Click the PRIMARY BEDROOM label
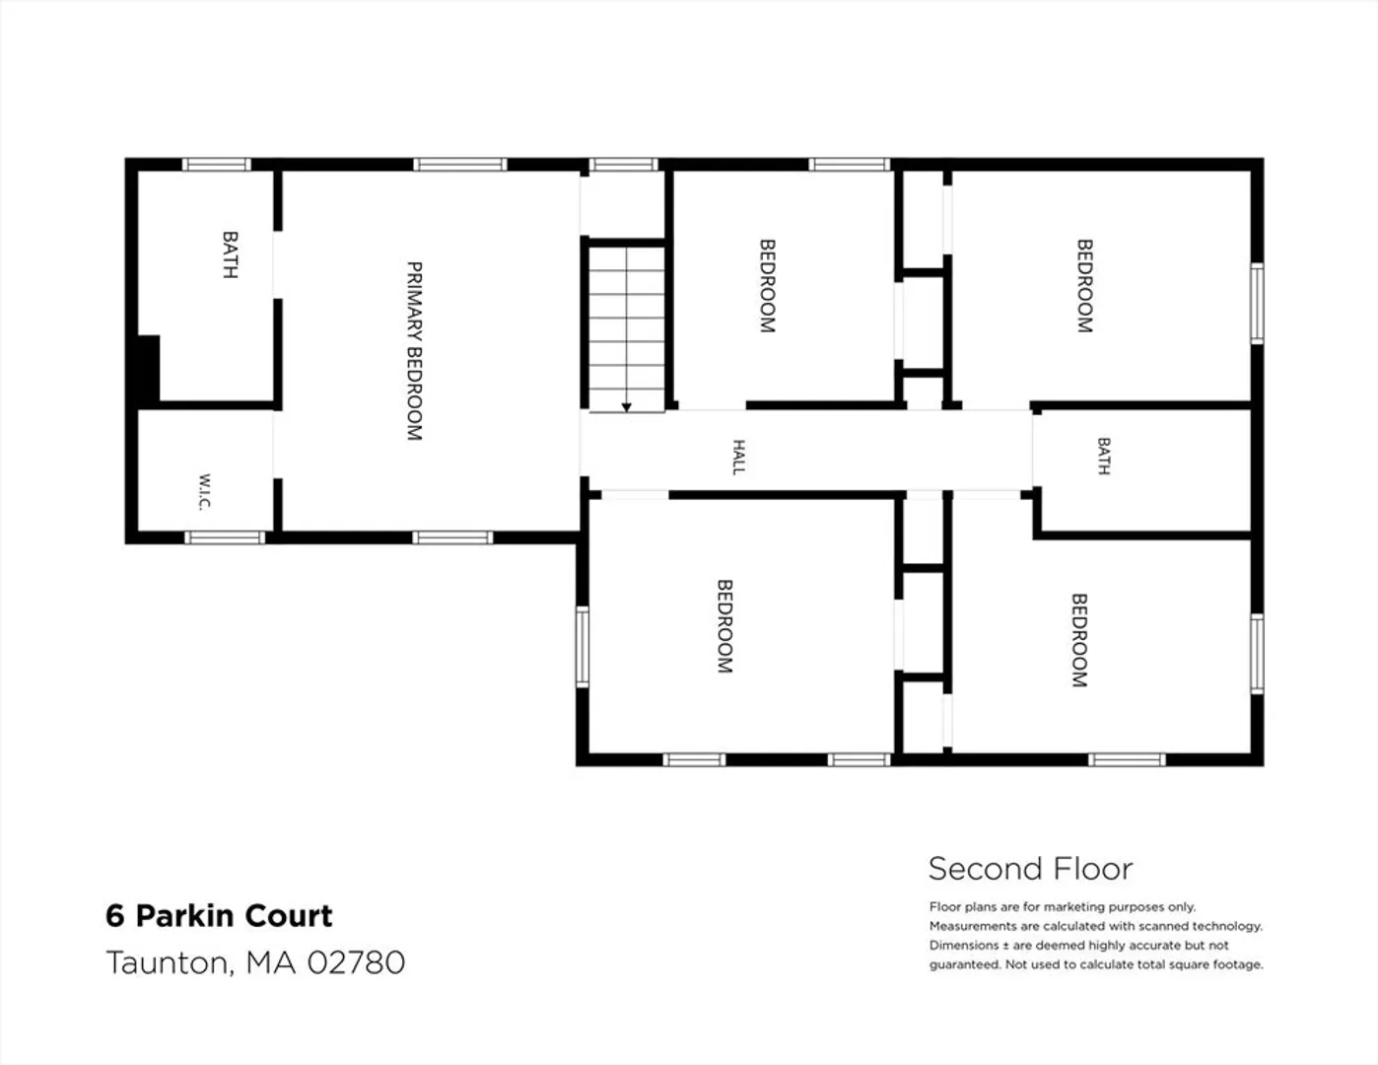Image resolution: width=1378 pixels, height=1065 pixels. pos(414,351)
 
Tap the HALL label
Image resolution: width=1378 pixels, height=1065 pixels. pos(739,457)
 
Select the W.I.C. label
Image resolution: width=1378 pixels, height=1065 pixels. pos(204,492)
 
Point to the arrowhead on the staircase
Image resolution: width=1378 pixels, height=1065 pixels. pos(627,407)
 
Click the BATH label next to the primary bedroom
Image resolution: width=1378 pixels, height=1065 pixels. pos(230,254)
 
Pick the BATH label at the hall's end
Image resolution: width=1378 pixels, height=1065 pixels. pos(1103,456)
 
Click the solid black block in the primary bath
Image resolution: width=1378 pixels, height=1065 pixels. pos(149,370)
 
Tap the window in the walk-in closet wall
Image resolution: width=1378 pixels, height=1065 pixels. pos(225,537)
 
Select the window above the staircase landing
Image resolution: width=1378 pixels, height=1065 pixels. pos(624,165)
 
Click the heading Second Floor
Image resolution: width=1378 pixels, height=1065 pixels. pos(1030,869)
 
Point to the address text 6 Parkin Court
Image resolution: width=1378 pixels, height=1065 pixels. pos(219,916)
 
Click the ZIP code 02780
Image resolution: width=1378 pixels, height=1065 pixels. pos(357,962)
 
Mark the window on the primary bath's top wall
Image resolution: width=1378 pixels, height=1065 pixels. pos(217,165)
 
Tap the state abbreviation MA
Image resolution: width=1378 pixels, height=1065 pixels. pos(271,962)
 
